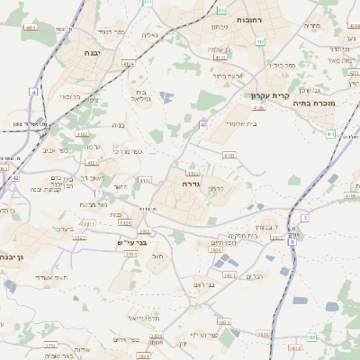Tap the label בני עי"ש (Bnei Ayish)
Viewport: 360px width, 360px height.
tap(131, 242)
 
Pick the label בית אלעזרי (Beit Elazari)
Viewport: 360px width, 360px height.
tap(238, 123)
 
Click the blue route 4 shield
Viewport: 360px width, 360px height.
tap(33, 92)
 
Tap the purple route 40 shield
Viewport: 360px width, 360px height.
tap(204, 124)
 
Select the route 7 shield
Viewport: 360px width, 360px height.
tap(96, 193)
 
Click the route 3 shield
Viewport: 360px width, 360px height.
tap(305, 218)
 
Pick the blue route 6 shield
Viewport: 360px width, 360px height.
tap(292, 241)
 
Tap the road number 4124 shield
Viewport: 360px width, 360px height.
tap(129, 64)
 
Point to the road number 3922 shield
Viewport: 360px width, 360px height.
tap(80, 237)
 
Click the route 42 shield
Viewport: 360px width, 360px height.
tap(15, 178)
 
